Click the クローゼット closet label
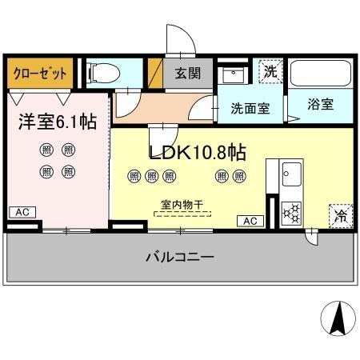point(39,73)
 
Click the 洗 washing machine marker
point(271,70)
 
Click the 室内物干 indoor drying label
point(180,204)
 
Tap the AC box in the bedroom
point(22,212)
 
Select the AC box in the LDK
point(250,220)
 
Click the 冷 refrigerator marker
point(339,215)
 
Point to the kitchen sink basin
point(290,173)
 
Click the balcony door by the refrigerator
point(310,235)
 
